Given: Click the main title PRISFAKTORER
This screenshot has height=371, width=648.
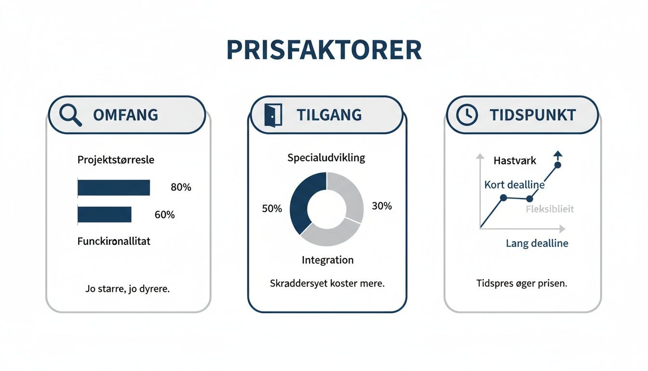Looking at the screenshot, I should point(324,50).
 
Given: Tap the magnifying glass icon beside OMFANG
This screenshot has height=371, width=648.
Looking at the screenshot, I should point(70,115).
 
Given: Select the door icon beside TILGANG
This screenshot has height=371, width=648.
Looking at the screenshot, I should point(272,115).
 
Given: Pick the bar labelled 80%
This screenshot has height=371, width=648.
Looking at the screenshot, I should point(114,187).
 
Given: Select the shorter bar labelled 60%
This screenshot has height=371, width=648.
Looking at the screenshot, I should point(105,214).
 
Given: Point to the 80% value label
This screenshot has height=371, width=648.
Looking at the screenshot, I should point(181,187).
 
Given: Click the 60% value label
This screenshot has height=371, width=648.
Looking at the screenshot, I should point(164,215).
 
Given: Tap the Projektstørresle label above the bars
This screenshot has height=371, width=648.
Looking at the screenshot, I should point(116,160).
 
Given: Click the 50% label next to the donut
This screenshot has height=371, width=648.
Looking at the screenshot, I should point(271,209).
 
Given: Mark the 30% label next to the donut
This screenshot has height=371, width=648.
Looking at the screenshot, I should point(382,206).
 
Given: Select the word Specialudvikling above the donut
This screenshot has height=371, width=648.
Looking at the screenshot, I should point(326,157).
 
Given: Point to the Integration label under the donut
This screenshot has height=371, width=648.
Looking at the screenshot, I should point(327,260).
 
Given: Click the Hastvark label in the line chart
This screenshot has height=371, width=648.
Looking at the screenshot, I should point(514,161).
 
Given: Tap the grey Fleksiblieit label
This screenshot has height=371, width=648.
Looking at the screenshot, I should point(550,209).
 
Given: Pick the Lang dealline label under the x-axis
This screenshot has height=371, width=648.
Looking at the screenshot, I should point(537,243).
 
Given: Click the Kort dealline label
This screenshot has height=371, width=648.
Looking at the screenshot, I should point(514,185).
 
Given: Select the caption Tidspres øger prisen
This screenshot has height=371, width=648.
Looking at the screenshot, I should point(521,284).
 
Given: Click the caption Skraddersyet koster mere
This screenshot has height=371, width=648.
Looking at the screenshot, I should point(327,284).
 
